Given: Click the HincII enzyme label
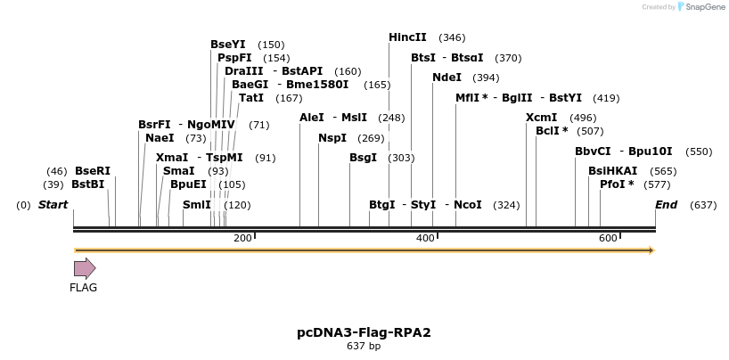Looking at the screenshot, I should (407, 37).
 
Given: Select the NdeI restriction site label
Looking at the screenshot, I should (446, 78).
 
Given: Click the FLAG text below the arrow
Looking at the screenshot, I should (84, 287).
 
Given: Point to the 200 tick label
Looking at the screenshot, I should (242, 238).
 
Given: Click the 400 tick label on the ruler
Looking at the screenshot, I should (424, 238).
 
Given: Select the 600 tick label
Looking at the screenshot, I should (608, 238).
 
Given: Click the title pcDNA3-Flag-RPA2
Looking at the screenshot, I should (364, 332).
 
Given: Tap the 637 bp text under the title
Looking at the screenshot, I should (364, 346).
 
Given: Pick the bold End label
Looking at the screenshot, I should (666, 205).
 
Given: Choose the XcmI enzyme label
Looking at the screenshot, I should (541, 118).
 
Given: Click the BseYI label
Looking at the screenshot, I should (227, 45).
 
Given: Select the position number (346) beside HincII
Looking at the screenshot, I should (452, 37).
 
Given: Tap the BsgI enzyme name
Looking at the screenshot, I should (363, 158).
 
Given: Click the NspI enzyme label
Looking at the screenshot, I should (332, 138).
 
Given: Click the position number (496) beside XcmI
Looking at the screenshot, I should (583, 118).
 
